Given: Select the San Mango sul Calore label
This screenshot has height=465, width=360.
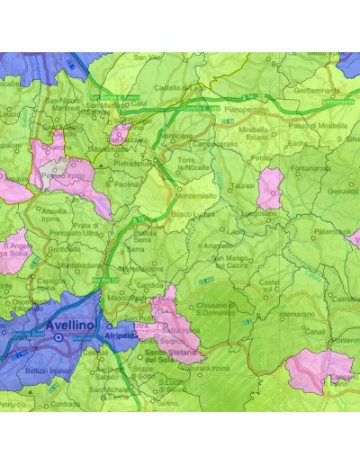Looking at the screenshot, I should click(231, 262).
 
